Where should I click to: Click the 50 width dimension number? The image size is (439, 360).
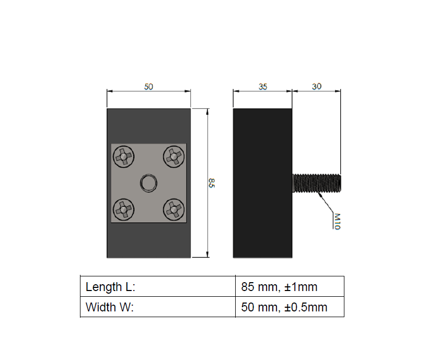coord(148,87)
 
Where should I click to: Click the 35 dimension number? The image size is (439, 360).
coord(262,87)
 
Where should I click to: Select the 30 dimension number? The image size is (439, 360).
coord(317,87)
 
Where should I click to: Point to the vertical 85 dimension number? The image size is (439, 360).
coord(212,183)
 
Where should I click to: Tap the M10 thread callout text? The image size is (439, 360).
coord(337,220)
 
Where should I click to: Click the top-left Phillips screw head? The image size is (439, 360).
coord(123,156)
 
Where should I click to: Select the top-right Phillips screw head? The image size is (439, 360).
coord(174,156)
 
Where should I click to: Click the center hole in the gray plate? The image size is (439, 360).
coord(148,183)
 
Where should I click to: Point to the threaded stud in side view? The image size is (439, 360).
coord(317,183)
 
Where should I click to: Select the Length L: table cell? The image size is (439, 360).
coord(157,287)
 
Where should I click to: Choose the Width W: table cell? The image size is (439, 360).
coord(157,307)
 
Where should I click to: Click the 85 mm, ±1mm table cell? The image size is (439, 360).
coord(290,287)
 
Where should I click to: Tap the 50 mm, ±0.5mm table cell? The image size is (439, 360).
coord(290,307)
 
